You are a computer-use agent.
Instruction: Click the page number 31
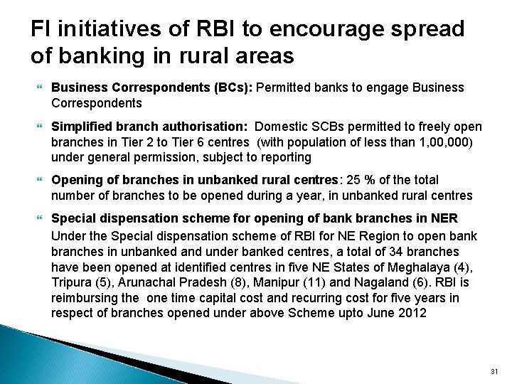pos(496,371)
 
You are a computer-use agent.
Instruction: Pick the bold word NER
pos(445,217)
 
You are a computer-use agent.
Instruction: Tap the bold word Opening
pos(75,180)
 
